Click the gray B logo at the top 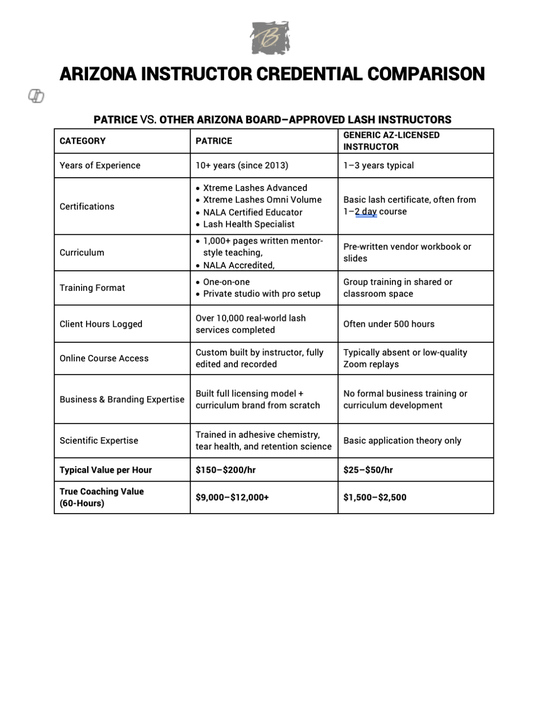[270, 38]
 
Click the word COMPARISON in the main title [426, 74]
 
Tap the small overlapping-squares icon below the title [36, 96]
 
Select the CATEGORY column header [83, 141]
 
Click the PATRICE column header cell [214, 141]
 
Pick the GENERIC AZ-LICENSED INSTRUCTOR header [391, 141]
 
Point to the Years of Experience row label [100, 165]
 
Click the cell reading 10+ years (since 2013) [242, 165]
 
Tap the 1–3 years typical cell [379, 165]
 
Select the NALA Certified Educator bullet [253, 212]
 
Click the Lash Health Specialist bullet [249, 224]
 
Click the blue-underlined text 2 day [366, 212]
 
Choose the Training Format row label [92, 288]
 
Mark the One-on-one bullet [226, 282]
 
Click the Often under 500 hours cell [389, 324]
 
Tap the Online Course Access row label [104, 358]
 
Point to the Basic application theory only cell [402, 441]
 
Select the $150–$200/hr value [225, 470]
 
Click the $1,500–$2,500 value [375, 497]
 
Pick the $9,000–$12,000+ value [232, 497]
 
